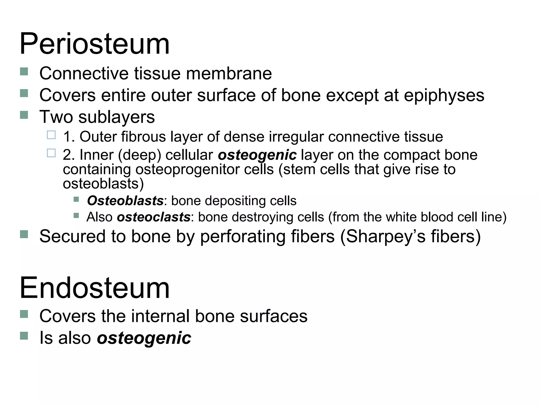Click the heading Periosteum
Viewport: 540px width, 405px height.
pyautogui.click(x=94, y=44)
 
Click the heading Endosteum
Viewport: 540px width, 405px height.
pyautogui.click(x=94, y=288)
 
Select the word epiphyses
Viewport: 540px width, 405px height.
pyautogui.click(x=444, y=95)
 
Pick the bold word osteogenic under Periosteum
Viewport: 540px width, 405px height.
pyautogui.click(x=257, y=155)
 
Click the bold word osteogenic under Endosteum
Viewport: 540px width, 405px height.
pyautogui.click(x=144, y=338)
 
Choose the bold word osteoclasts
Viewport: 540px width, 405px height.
pyautogui.click(x=153, y=217)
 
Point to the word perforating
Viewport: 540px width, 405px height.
pyautogui.click(x=243, y=236)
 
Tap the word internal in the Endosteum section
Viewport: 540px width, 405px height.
pyautogui.click(x=152, y=316)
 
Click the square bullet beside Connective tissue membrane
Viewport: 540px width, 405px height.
pyautogui.click(x=24, y=72)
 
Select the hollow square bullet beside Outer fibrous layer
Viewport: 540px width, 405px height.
pyautogui.click(x=51, y=135)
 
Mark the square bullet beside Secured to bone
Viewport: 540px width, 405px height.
pyautogui.click(x=24, y=234)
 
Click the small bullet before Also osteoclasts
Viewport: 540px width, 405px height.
pyautogui.click(x=76, y=216)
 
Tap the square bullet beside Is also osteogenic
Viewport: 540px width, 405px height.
pyautogui.click(x=24, y=336)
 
